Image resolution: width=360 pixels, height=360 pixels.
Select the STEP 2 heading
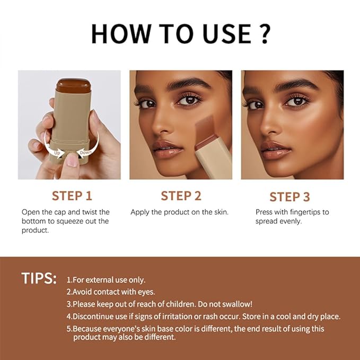181,196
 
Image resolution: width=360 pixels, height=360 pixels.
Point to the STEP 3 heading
289,197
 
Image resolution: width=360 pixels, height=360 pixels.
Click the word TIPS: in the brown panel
39,279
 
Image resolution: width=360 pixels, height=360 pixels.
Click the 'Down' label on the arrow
86,152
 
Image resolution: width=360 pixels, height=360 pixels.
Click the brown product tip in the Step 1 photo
74,84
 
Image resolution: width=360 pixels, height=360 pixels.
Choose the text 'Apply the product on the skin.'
179,212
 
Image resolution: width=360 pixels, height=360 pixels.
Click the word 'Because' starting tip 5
89,329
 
